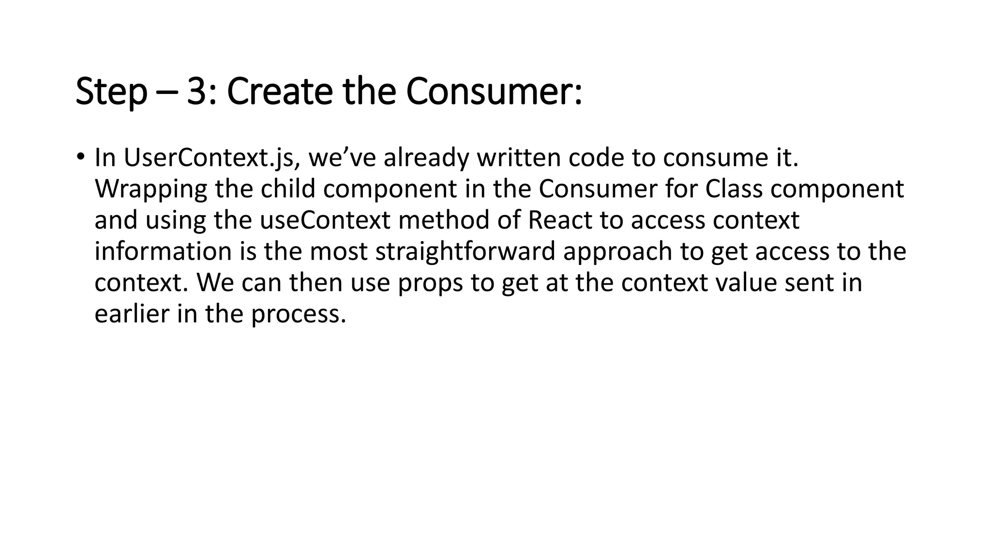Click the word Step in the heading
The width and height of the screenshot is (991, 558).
click(x=111, y=92)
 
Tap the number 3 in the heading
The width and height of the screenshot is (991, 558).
click(x=197, y=92)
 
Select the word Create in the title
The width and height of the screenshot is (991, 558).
click(x=280, y=92)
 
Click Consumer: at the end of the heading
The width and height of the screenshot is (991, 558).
click(x=494, y=92)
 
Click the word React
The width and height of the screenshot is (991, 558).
click(x=560, y=220)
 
